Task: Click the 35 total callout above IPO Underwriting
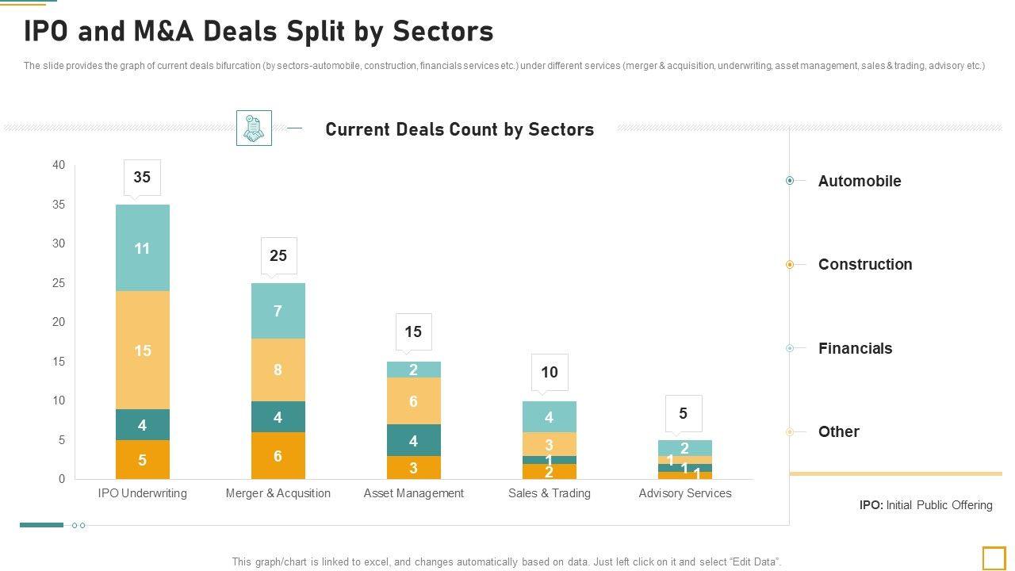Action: pyautogui.click(x=142, y=178)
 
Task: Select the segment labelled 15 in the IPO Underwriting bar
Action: pyautogui.click(x=143, y=351)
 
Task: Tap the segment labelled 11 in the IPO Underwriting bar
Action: pyautogui.click(x=143, y=248)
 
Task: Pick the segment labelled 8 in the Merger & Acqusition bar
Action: pyautogui.click(x=278, y=370)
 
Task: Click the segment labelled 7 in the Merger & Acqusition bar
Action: pyautogui.click(x=278, y=311)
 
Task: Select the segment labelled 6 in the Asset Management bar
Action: pyautogui.click(x=413, y=401)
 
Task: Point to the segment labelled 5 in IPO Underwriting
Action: pyautogui.click(x=143, y=460)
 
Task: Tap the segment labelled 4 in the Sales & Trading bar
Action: pyautogui.click(x=549, y=417)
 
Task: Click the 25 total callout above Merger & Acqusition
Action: pyautogui.click(x=278, y=255)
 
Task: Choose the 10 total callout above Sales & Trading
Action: pyautogui.click(x=550, y=372)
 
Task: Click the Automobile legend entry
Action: pyautogui.click(x=859, y=181)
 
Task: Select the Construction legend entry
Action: pyautogui.click(x=864, y=264)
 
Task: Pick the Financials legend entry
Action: pyautogui.click(x=855, y=348)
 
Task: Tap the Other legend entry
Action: pyautogui.click(x=838, y=431)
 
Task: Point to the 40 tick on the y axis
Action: pyautogui.click(x=59, y=165)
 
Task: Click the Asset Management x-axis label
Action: pyautogui.click(x=413, y=493)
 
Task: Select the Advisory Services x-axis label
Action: pyautogui.click(x=685, y=493)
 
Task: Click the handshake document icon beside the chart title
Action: pyautogui.click(x=254, y=128)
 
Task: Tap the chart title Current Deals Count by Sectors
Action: pyautogui.click(x=459, y=129)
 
